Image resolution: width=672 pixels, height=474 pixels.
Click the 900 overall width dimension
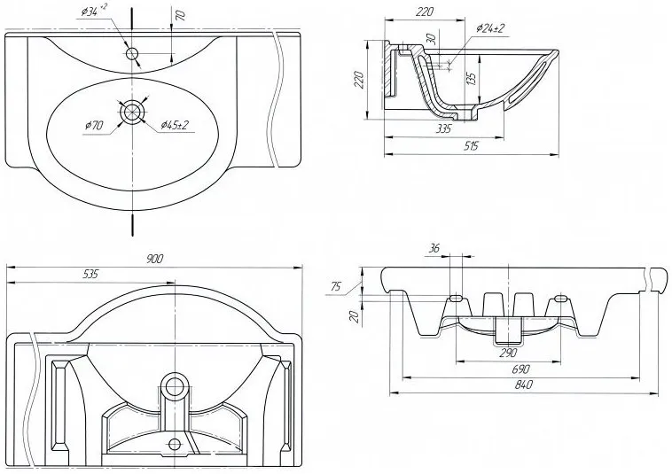(155, 258)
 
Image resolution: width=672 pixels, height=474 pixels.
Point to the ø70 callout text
(96, 126)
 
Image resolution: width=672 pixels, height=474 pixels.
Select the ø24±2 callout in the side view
(489, 29)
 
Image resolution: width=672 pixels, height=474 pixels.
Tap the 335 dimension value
(444, 128)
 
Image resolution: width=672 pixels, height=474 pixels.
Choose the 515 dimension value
(472, 147)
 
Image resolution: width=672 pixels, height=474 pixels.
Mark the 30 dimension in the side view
(430, 41)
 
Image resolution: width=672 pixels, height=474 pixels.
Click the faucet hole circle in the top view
(133, 54)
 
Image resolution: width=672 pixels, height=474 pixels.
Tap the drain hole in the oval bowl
(134, 112)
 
